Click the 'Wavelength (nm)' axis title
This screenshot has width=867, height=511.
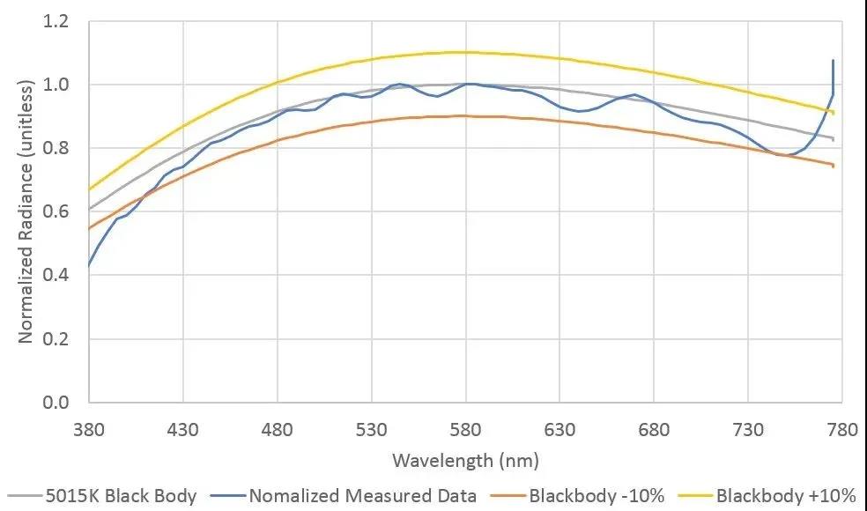465,460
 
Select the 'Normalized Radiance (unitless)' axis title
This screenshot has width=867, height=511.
26,211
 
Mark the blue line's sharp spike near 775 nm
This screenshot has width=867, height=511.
833,61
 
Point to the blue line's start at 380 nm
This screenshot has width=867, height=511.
89,265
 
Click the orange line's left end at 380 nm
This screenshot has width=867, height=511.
89,228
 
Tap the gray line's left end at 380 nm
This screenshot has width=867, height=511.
89,209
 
